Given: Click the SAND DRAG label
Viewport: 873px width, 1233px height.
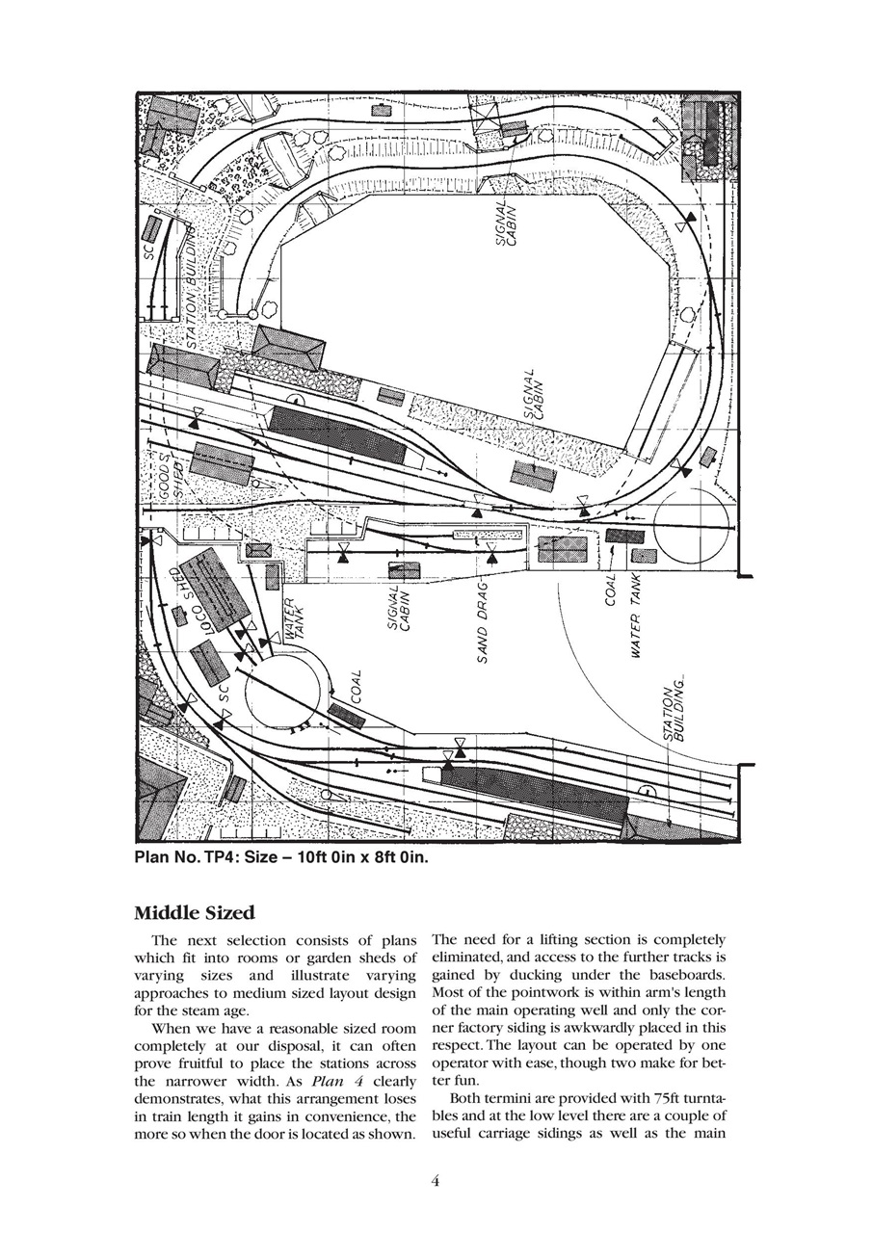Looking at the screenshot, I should (486, 620).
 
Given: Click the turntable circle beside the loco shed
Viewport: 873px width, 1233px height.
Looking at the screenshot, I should (287, 693).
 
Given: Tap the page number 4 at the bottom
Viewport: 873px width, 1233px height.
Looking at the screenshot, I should (436, 1184).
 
